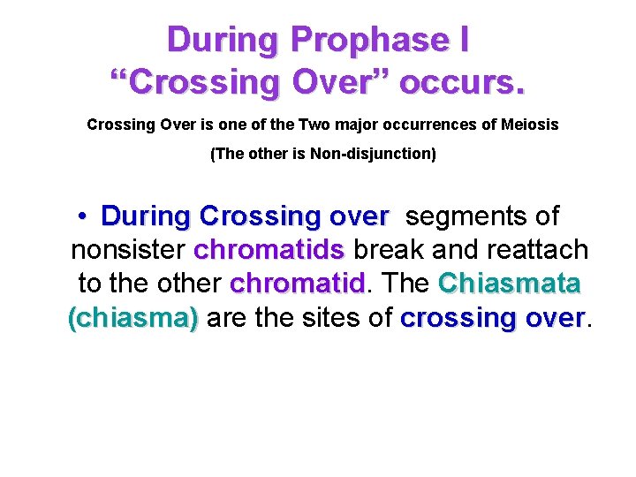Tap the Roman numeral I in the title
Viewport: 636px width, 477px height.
[x=462, y=40]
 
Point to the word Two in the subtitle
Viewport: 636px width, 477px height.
[x=314, y=125]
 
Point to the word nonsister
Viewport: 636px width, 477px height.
[x=127, y=250]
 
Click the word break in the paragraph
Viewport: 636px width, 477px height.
[x=391, y=250]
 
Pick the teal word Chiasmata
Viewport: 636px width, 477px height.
[x=510, y=284]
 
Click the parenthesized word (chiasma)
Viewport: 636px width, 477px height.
[x=133, y=318]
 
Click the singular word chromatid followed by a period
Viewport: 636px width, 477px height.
[x=296, y=284]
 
